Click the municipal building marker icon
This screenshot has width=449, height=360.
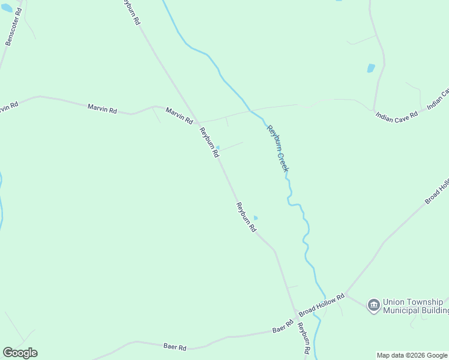pyautogui.click(x=373, y=305)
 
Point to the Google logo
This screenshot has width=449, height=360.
pyautogui.click(x=20, y=353)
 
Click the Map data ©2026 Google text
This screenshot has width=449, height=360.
pyautogui.click(x=412, y=355)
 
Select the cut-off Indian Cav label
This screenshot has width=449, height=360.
pyautogui.click(x=438, y=100)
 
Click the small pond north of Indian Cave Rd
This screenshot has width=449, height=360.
pyautogui.click(x=371, y=68)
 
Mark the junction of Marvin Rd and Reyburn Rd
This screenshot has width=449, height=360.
pyautogui.click(x=197, y=122)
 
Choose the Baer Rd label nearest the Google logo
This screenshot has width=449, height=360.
pyautogui.click(x=175, y=347)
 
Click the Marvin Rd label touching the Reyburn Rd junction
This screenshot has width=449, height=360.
pyautogui.click(x=179, y=115)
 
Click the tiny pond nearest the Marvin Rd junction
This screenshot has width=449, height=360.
pyautogui.click(x=217, y=147)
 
